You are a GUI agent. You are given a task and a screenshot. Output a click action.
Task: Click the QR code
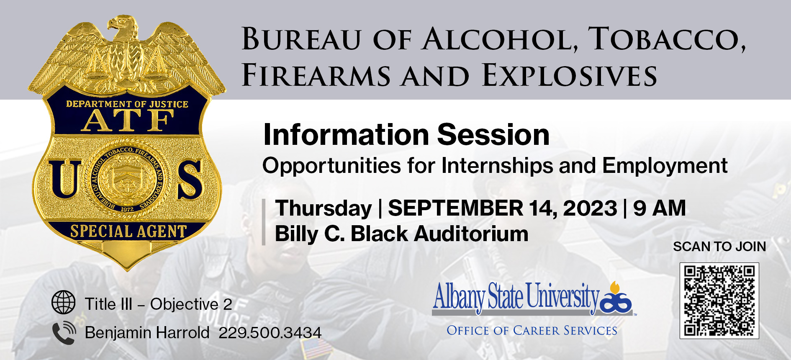pyautogui.click(x=719, y=301)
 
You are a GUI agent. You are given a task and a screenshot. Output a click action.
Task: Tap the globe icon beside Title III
pyautogui.click(x=64, y=302)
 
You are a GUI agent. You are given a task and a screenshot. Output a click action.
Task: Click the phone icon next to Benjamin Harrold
pyautogui.click(x=64, y=333)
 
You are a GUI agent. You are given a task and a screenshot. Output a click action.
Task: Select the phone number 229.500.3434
pyautogui.click(x=270, y=333)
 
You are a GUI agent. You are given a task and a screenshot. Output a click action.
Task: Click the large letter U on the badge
pyautogui.click(x=65, y=179)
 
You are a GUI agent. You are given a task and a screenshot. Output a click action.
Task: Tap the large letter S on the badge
pyautogui.click(x=190, y=179)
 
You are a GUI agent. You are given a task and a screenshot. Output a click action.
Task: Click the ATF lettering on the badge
pyautogui.click(x=128, y=121)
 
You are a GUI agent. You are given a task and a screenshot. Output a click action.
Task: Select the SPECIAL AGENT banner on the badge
pyautogui.click(x=128, y=231)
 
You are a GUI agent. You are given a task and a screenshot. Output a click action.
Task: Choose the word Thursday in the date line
pyautogui.click(x=324, y=208)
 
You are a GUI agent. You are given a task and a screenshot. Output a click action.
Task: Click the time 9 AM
pyautogui.click(x=660, y=208)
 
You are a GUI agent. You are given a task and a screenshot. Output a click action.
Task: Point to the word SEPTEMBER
pyautogui.click(x=455, y=208)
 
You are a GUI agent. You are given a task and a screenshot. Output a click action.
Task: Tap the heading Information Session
pyautogui.click(x=406, y=135)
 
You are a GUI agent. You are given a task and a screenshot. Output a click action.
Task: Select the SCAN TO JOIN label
pyautogui.click(x=719, y=247)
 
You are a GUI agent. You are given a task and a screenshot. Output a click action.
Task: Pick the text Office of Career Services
pyautogui.click(x=532, y=331)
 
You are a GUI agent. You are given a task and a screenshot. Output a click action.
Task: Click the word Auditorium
pyautogui.click(x=471, y=234)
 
